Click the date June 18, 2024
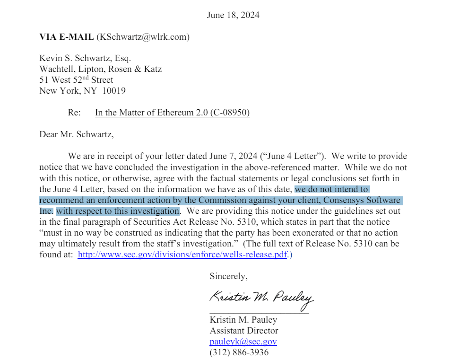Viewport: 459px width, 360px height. tap(233, 15)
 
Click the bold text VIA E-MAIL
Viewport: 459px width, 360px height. tap(66, 37)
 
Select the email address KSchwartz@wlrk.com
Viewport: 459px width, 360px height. tap(143, 37)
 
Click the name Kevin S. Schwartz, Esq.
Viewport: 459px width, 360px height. tap(85, 59)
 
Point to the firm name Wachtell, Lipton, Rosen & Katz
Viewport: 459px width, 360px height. tap(100, 69)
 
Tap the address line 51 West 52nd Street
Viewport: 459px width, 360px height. tap(76, 80)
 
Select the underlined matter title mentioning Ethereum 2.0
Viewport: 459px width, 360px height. tap(172, 113)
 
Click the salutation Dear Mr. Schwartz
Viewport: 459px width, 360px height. tap(76, 134)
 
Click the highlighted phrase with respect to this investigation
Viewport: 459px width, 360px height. tap(117, 211)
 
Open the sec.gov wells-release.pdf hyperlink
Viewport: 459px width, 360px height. tap(182, 255)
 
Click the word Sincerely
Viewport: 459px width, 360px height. tap(228, 276)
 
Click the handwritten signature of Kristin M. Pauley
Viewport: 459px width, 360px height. tap(261, 298)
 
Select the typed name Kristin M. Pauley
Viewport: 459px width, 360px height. tap(243, 320)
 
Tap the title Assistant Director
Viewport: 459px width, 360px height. tap(244, 331)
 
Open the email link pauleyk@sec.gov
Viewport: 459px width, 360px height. tap(243, 342)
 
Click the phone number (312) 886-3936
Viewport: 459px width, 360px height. tap(239, 352)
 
